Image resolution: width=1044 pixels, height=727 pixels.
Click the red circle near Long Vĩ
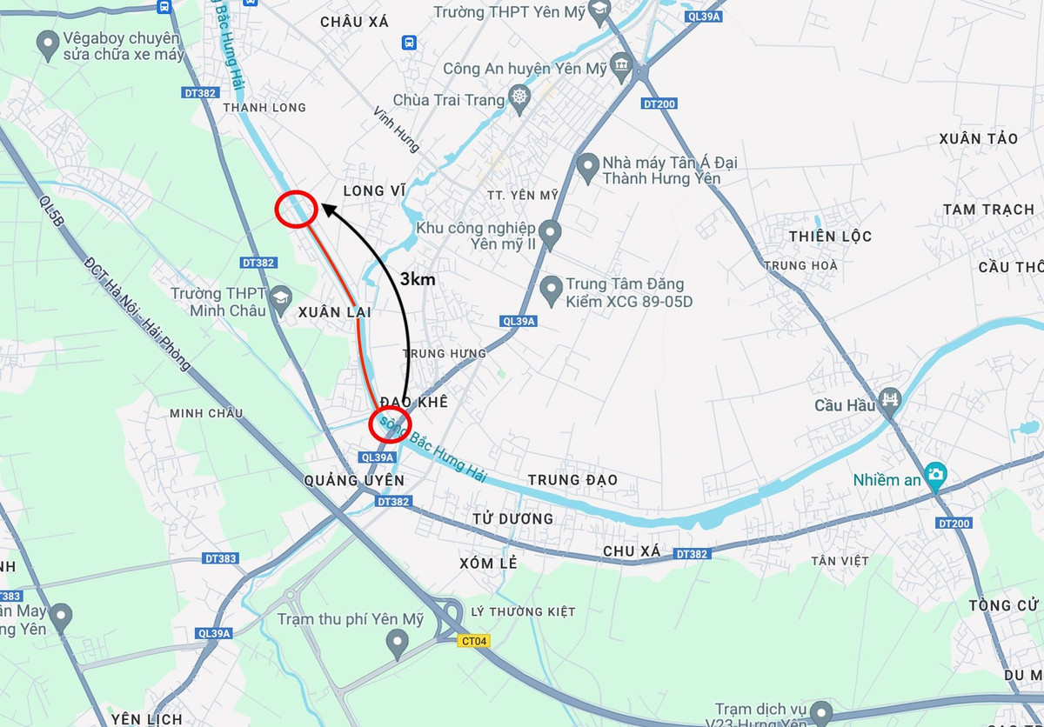295,210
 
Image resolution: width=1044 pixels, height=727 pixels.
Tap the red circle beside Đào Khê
390,424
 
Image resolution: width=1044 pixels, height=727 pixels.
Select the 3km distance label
417,279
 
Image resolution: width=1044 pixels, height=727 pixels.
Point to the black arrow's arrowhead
326,206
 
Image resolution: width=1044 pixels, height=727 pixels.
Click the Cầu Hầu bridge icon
890,400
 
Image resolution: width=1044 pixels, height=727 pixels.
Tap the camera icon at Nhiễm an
935,474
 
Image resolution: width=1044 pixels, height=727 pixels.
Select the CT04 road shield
474,641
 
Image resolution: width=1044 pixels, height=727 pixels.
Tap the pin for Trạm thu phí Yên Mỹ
397,643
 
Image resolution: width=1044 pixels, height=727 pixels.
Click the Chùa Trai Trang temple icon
519,97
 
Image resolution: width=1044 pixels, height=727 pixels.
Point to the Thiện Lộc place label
830,237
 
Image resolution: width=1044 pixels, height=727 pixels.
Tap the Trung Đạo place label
572,480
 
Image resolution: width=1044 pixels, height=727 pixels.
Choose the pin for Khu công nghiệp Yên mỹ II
549,233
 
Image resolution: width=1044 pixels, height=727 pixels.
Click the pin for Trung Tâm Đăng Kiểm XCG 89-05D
550,290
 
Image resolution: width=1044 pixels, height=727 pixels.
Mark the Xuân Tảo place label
978,139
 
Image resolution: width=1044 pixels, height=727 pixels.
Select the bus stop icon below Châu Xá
409,43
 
